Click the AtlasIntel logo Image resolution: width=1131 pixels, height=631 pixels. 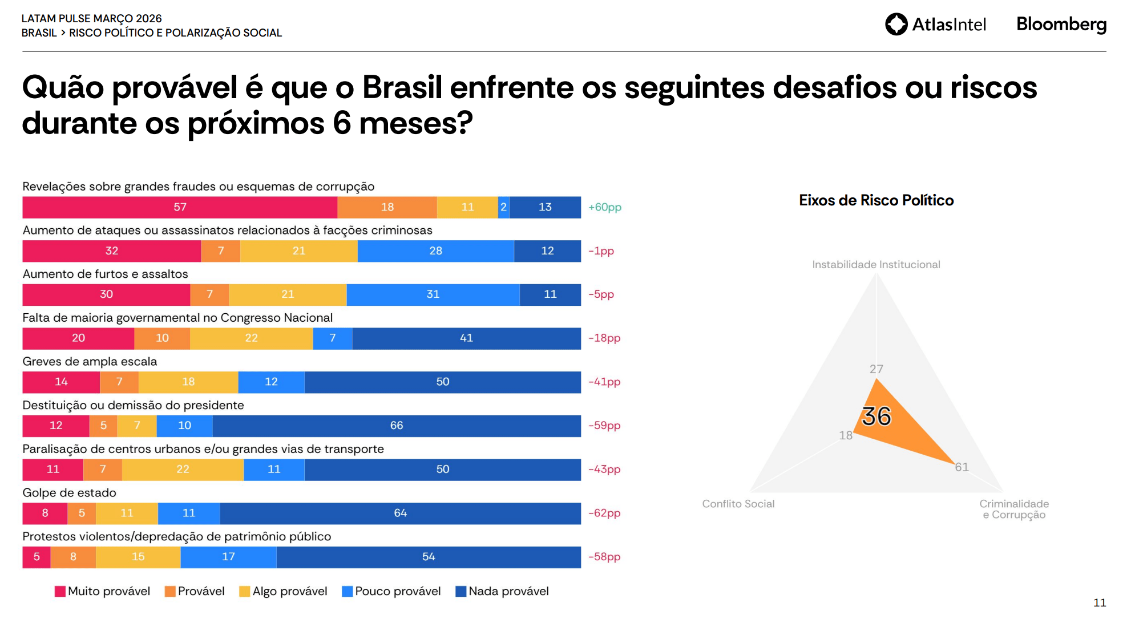[x=935, y=24]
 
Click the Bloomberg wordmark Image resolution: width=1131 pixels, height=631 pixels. [x=1061, y=24]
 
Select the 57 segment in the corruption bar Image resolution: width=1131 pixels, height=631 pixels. [x=180, y=207]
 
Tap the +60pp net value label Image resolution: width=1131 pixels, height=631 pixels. [x=605, y=207]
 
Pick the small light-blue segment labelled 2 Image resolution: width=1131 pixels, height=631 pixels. [x=503, y=207]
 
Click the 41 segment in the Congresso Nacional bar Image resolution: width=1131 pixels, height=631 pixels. [x=466, y=338]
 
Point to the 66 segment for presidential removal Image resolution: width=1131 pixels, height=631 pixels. [x=397, y=425]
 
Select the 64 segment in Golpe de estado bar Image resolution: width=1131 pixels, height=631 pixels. [x=400, y=513]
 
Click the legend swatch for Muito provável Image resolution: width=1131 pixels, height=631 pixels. [x=60, y=591]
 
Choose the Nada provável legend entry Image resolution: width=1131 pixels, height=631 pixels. [x=502, y=591]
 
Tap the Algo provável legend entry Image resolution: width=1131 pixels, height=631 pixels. [x=283, y=591]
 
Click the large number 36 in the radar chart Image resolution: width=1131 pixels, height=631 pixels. [x=876, y=416]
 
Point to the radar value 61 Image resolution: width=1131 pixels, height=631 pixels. [x=962, y=467]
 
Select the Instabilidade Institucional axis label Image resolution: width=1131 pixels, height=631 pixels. [x=876, y=264]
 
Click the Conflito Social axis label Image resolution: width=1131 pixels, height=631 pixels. [x=738, y=504]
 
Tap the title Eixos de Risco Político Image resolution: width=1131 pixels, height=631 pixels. [x=876, y=200]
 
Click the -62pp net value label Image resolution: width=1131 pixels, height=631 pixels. [x=605, y=513]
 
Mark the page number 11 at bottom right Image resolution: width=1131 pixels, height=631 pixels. [x=1100, y=602]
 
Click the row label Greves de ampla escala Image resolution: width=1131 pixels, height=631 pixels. [x=90, y=361]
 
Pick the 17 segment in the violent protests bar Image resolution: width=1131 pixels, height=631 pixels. [x=228, y=556]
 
